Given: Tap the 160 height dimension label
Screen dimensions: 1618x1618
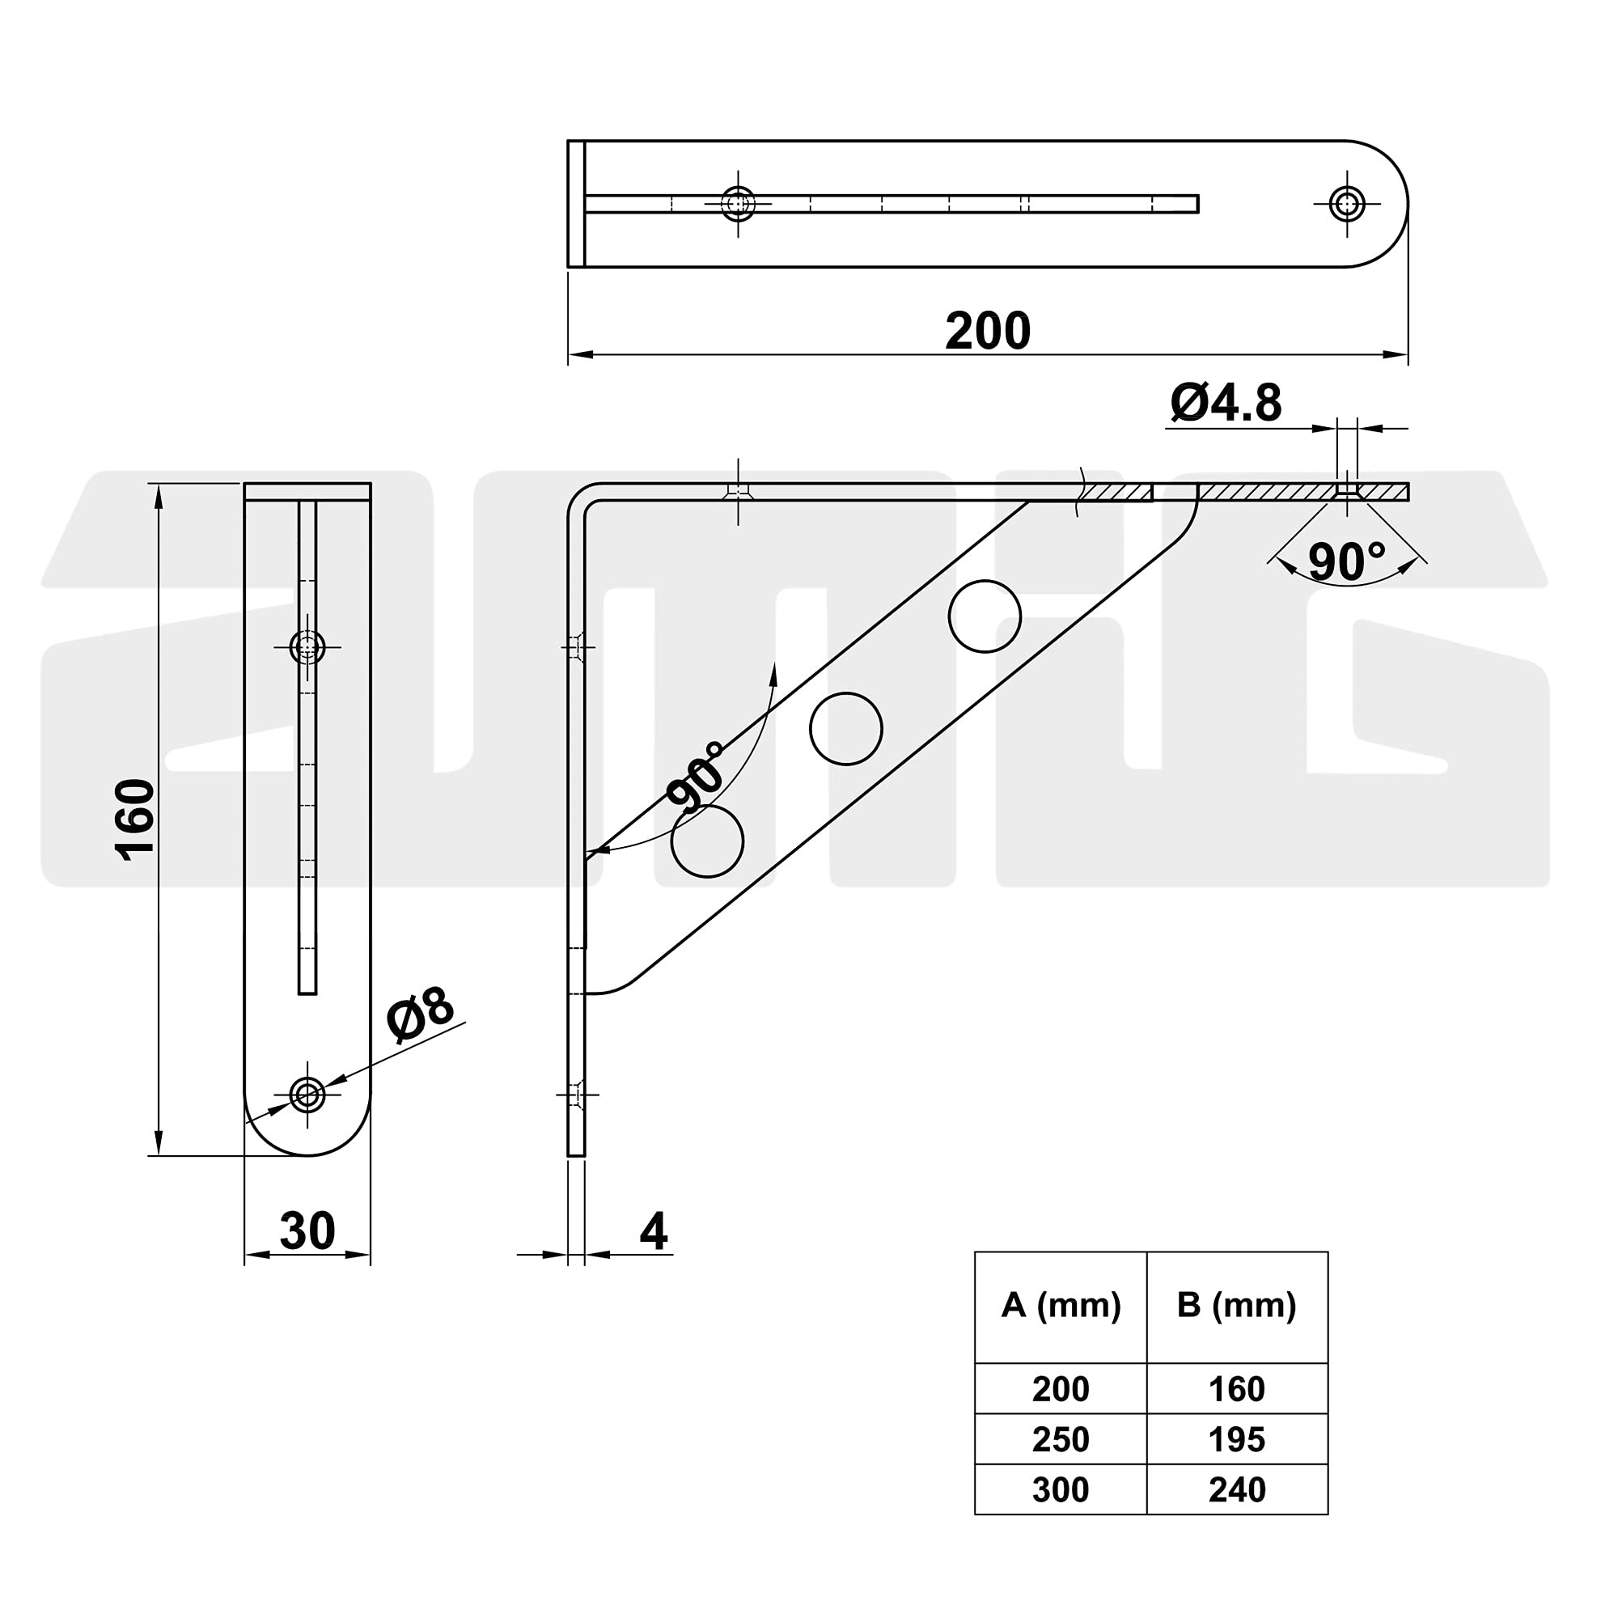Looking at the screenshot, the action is [x=135, y=819].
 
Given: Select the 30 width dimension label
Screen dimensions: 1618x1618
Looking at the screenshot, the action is [x=307, y=1230].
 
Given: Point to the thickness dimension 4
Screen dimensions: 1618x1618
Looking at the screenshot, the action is [x=653, y=1231].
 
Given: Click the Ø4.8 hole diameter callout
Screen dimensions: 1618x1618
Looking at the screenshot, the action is [x=1226, y=403].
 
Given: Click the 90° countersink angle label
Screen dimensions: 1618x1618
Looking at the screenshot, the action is [x=1347, y=562].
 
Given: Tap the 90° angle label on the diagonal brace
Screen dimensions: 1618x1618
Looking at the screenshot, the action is [x=697, y=777].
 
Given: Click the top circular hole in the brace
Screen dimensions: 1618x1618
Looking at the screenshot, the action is [x=985, y=616].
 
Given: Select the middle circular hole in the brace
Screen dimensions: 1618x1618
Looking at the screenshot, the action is [x=846, y=729].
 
